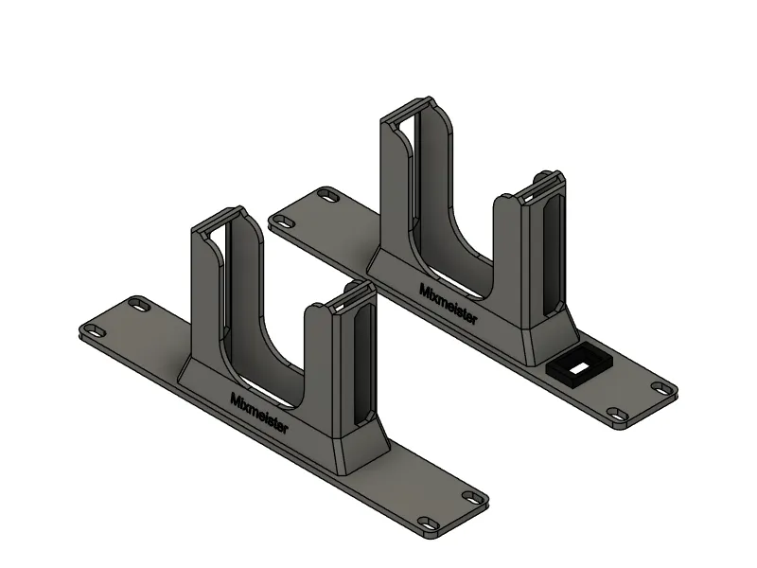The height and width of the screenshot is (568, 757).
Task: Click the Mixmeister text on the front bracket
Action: coord(258,413)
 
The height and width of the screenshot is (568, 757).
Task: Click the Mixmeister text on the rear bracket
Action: coord(448,304)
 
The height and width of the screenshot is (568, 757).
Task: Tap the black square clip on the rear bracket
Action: coord(579,365)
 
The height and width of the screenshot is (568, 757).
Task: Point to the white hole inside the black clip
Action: coord(579,368)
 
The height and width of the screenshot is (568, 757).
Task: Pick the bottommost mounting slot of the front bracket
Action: coord(428,524)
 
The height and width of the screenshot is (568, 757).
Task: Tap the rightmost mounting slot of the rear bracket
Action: coord(660,387)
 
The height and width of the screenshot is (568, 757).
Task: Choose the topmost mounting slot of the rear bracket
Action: coord(328,196)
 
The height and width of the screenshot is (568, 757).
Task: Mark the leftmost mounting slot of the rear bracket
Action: coord(285,222)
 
